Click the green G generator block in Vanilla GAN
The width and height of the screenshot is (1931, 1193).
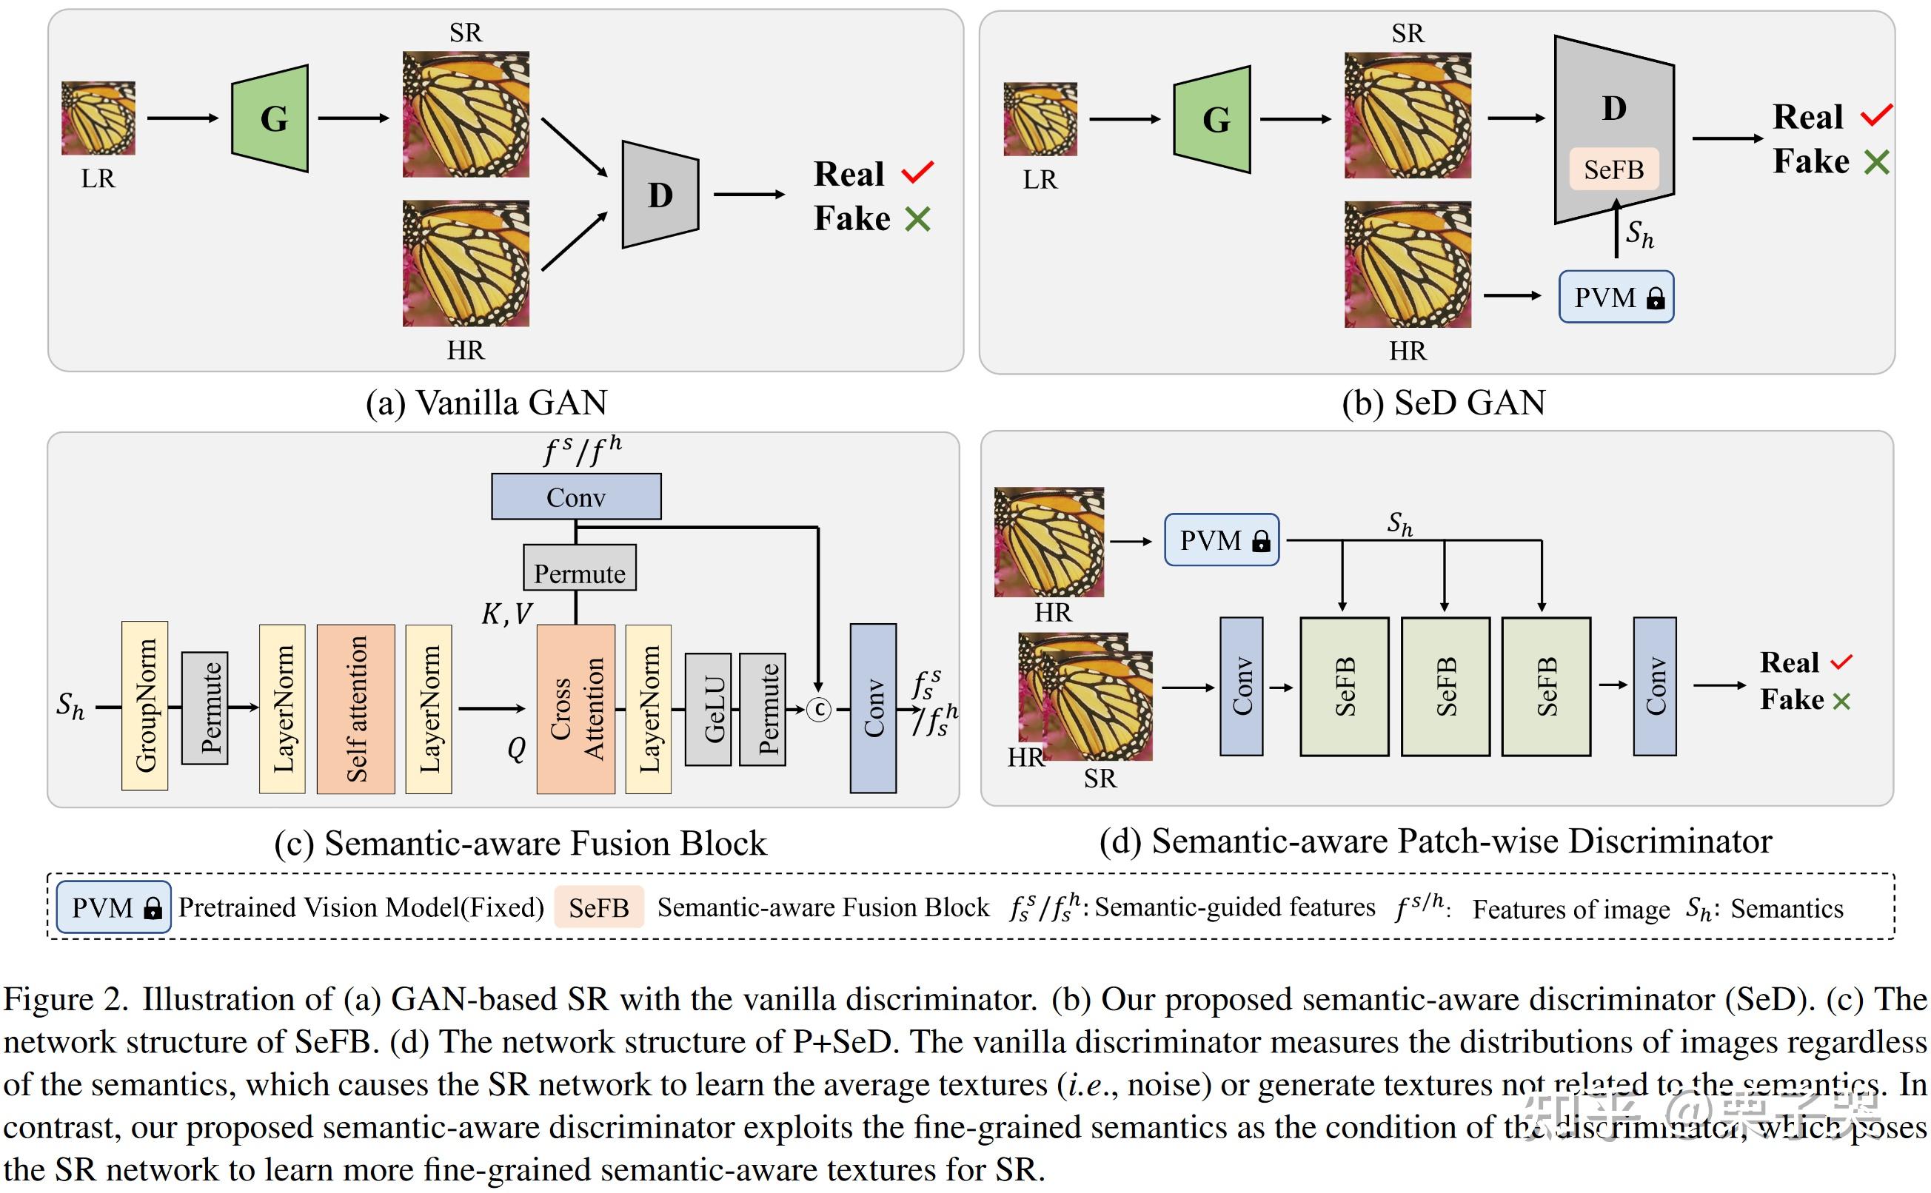click(270, 118)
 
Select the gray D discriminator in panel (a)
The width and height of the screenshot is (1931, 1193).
click(660, 195)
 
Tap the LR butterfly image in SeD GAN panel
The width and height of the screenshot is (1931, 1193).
click(1040, 119)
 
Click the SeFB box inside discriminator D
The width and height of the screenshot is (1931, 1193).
click(1614, 169)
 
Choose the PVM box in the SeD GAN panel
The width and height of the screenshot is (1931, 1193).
click(1616, 298)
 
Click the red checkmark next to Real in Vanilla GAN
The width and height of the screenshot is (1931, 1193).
click(918, 172)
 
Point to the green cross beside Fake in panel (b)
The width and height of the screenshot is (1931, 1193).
click(1876, 163)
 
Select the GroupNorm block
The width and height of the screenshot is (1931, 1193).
click(145, 705)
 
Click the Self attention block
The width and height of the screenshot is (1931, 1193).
click(356, 708)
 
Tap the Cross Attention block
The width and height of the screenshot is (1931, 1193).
click(576, 708)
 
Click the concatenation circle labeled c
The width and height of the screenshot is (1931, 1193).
click(819, 709)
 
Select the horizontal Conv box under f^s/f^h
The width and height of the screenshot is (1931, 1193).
click(576, 497)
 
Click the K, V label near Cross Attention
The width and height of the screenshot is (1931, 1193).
click(506, 614)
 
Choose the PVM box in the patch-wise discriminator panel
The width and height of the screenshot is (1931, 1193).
click(1222, 540)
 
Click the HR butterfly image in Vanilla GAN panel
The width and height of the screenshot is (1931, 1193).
click(466, 263)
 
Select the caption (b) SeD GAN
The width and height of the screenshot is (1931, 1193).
click(1443, 403)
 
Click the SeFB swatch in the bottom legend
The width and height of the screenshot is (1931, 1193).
click(599, 907)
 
